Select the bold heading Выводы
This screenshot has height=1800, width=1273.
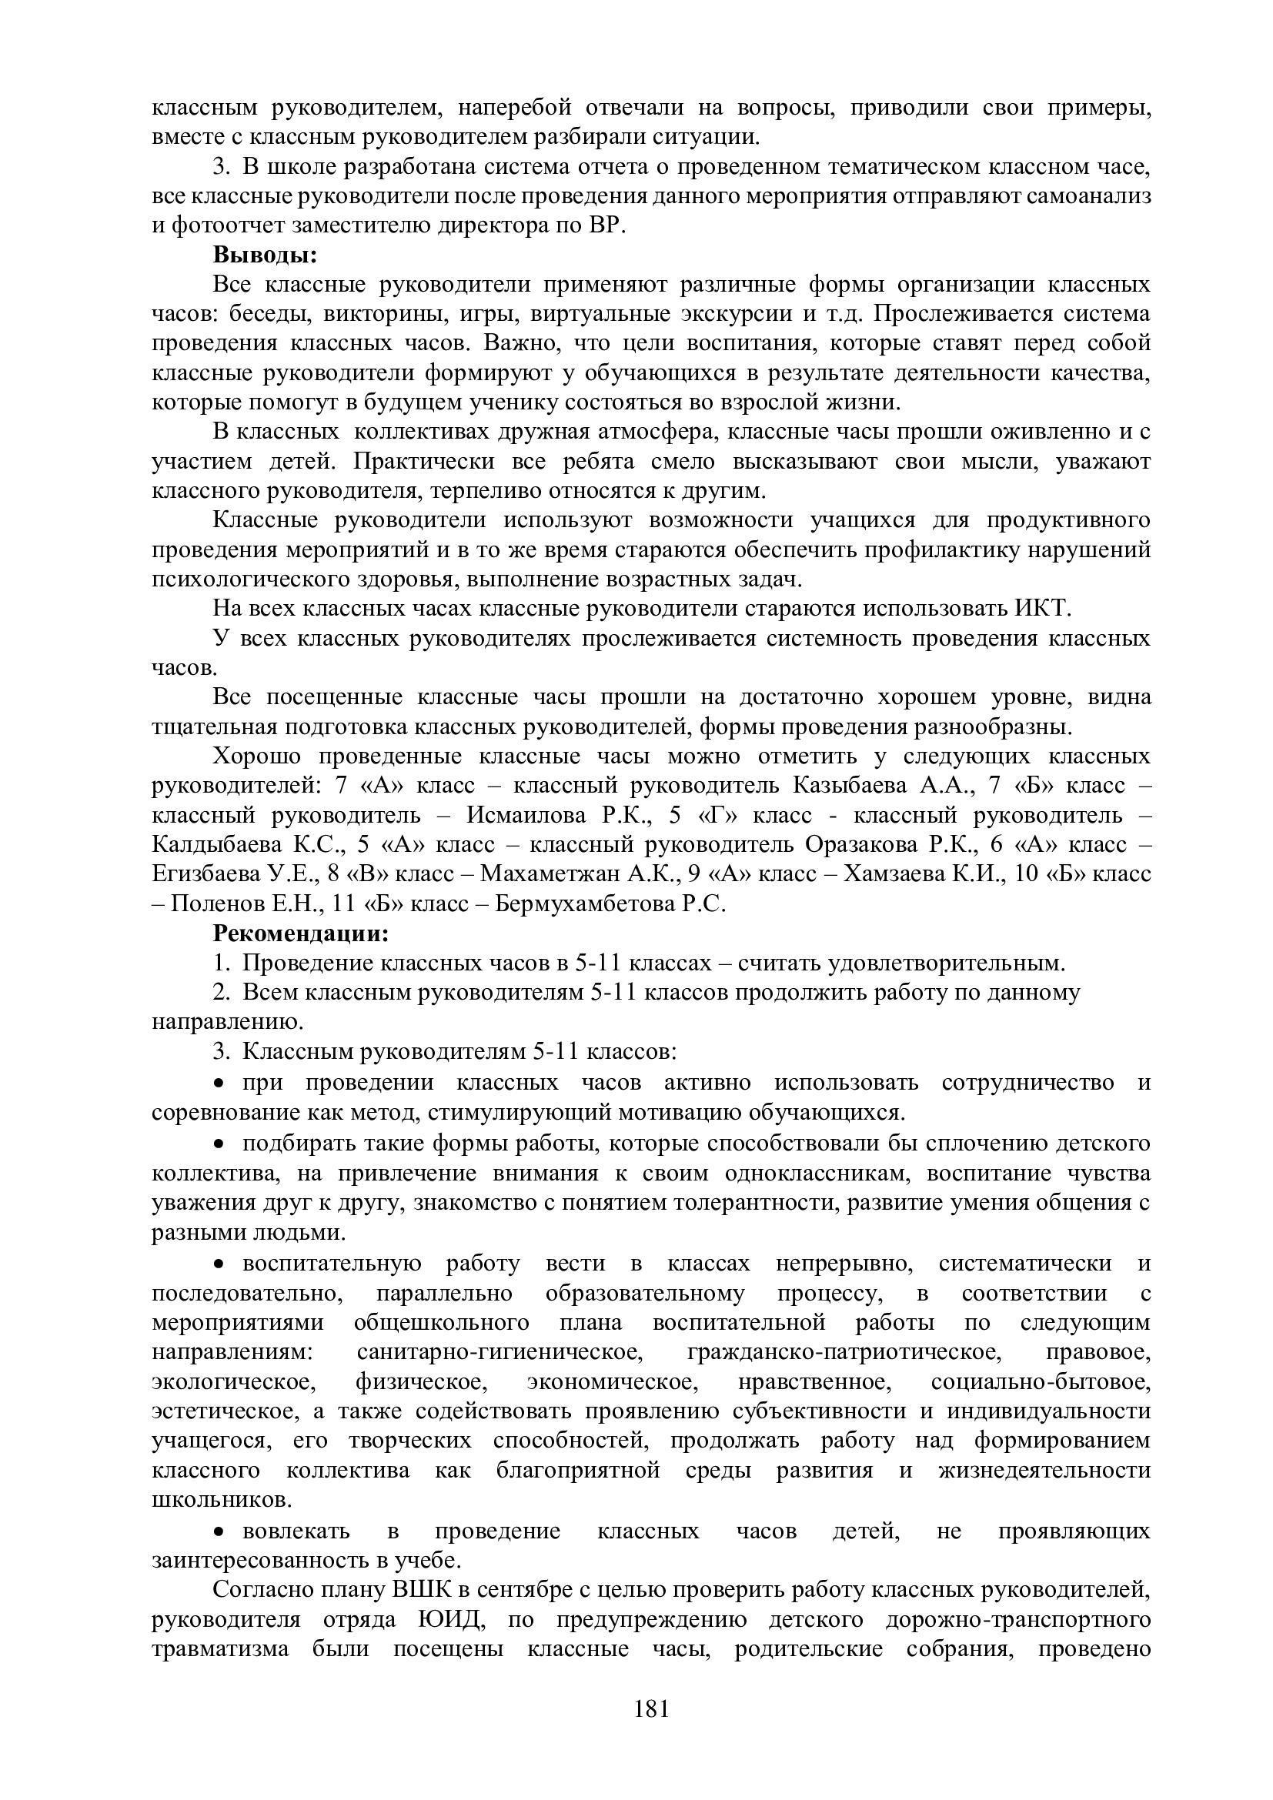[x=265, y=255]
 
